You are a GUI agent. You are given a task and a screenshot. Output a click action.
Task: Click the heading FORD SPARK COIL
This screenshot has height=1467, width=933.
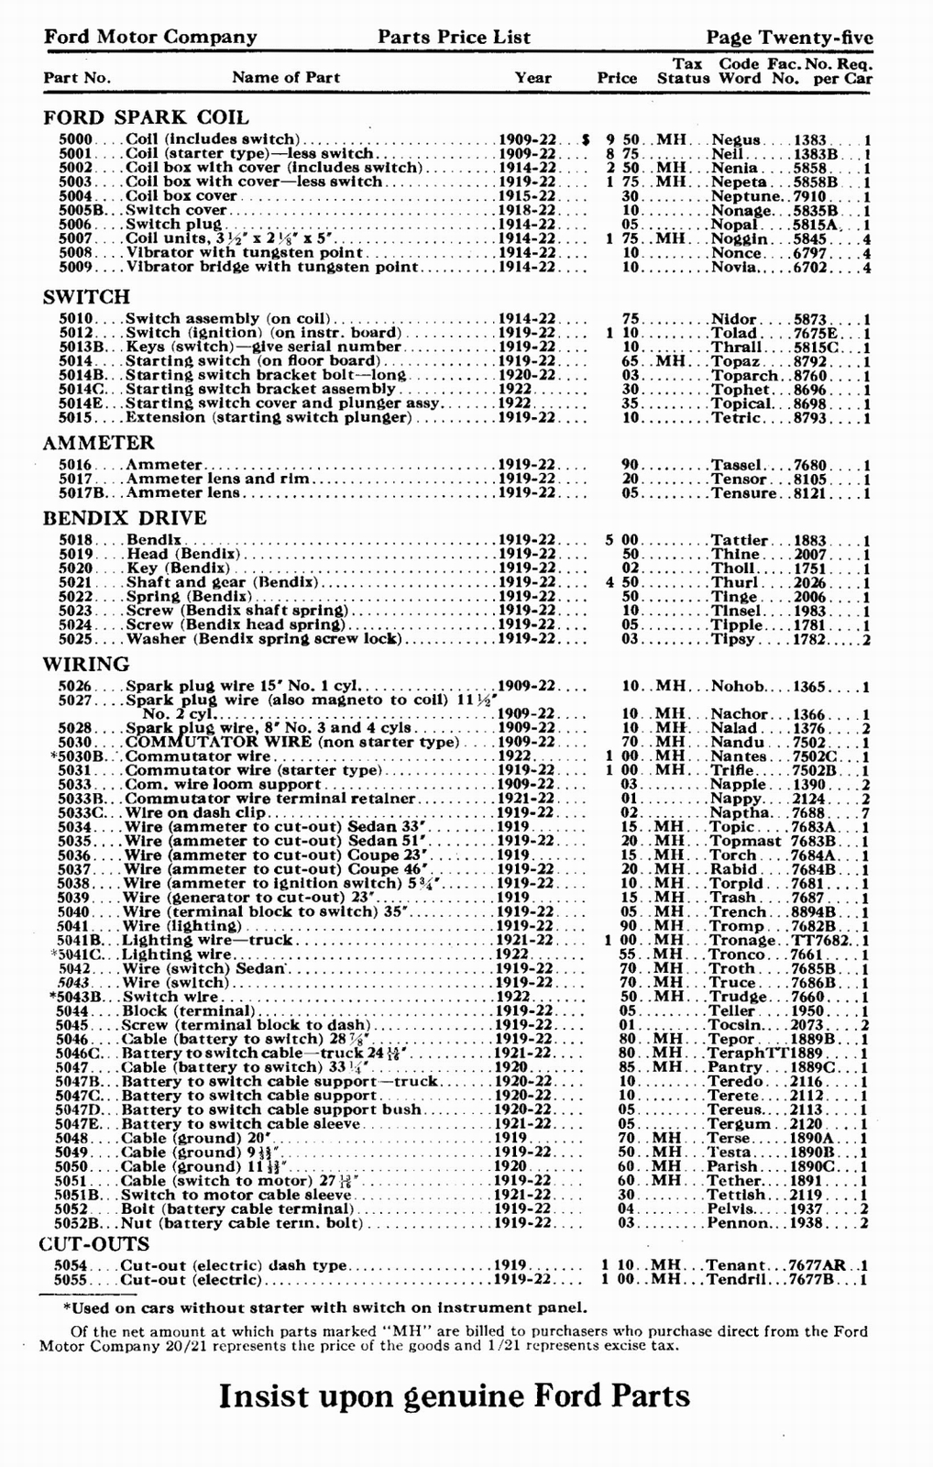146,117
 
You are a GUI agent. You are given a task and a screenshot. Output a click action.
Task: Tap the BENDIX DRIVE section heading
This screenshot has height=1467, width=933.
125,517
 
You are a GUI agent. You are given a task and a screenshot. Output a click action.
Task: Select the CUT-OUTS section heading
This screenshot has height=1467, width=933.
94,1244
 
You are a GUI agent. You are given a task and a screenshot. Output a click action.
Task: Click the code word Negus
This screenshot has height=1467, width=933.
735,139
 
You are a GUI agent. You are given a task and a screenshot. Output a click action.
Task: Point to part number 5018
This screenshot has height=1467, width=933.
75,540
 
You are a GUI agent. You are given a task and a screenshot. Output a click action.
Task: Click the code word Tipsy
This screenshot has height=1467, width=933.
735,638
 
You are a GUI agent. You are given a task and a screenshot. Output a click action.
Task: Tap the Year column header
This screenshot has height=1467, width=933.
532,78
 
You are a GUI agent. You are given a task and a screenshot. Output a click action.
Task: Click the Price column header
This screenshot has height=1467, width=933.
617,78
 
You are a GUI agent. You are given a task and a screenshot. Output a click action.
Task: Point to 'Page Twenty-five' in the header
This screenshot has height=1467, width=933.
789,38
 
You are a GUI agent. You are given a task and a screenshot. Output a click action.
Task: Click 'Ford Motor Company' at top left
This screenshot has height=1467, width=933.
150,38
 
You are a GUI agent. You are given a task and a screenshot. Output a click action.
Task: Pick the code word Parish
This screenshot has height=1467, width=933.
732,1166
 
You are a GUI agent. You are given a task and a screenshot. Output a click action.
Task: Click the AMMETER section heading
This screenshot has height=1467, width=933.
98,443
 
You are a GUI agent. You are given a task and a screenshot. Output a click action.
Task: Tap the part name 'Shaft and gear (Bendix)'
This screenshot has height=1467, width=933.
222,582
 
